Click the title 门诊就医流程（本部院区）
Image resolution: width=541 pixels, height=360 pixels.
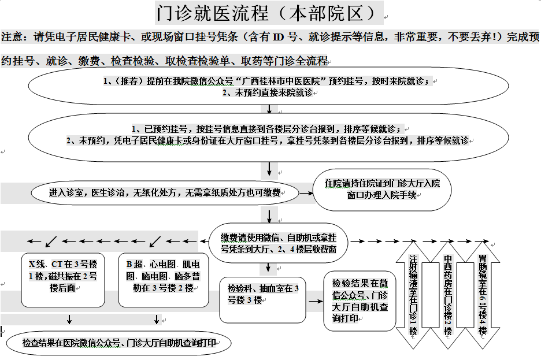(266, 13)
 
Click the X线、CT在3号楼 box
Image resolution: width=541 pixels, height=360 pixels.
(63, 280)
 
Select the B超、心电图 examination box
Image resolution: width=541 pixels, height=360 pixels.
(163, 280)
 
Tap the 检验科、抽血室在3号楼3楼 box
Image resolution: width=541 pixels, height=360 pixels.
(262, 300)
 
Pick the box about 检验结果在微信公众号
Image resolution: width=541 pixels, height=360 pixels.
(360, 301)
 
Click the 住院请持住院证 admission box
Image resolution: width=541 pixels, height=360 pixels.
(382, 190)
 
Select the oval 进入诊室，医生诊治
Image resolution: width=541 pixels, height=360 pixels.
(165, 192)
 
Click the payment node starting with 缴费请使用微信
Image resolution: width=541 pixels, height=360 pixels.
(279, 243)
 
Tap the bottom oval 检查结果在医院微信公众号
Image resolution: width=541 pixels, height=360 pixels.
(118, 343)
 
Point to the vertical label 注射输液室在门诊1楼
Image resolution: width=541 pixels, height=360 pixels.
(413, 295)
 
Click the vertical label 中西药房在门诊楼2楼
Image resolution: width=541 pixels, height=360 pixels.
(448, 295)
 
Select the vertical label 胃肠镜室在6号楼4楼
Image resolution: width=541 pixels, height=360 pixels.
(483, 295)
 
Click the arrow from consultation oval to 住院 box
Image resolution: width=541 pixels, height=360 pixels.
(306, 193)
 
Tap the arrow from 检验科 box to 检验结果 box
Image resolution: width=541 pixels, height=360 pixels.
(316, 302)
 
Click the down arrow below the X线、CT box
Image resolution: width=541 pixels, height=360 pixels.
(69, 320)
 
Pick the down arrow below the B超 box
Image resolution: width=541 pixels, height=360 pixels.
(157, 320)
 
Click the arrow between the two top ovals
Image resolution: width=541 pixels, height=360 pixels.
(269, 109)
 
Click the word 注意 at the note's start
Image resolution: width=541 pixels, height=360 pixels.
(12, 36)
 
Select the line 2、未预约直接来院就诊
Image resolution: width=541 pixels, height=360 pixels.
(268, 93)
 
